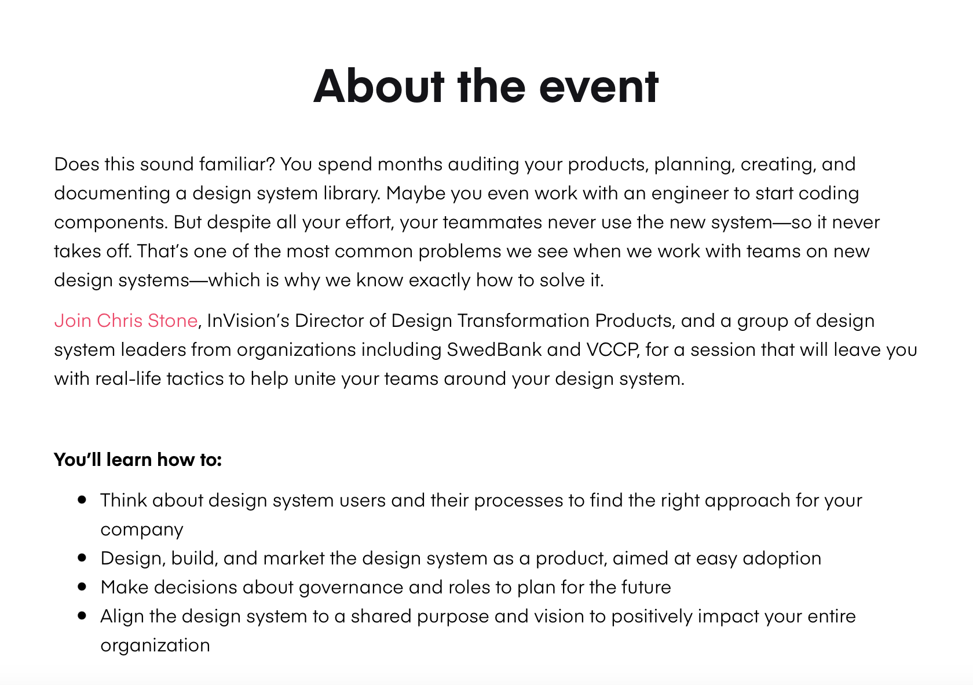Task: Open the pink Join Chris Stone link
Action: [126, 320]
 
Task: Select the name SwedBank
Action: [495, 349]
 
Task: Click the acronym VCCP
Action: [613, 349]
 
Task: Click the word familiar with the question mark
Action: [237, 164]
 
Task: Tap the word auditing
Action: [484, 165]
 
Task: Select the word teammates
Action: [492, 222]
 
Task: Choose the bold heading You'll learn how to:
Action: [138, 460]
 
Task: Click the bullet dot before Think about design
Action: [82, 500]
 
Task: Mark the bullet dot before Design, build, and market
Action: [82, 558]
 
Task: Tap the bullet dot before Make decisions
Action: [82, 586]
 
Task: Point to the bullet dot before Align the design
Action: [82, 615]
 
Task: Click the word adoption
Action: [782, 559]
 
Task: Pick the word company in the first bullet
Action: [142, 530]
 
